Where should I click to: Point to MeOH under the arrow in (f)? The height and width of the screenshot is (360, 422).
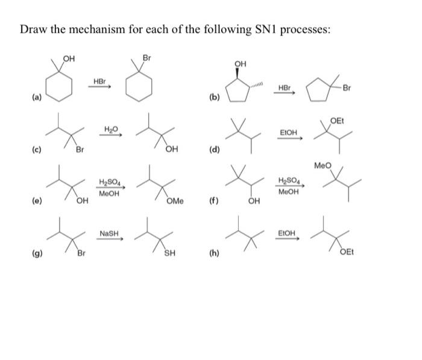point(287,192)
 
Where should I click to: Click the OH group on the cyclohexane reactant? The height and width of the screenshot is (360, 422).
point(70,58)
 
